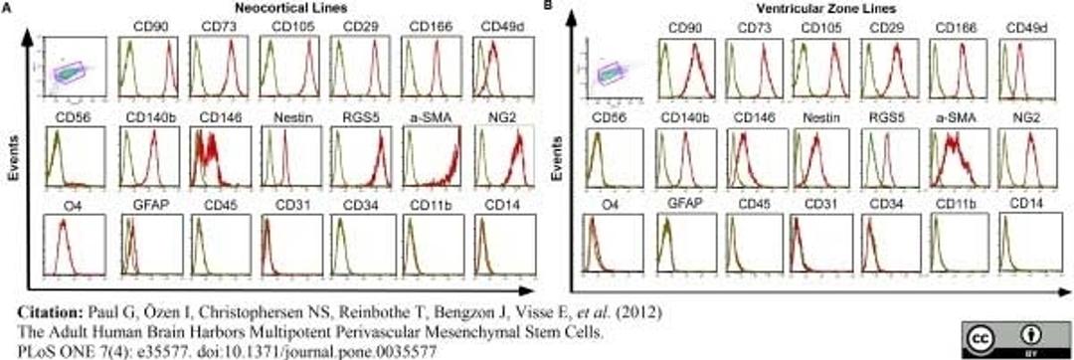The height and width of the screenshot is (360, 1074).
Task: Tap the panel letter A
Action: tap(8, 7)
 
